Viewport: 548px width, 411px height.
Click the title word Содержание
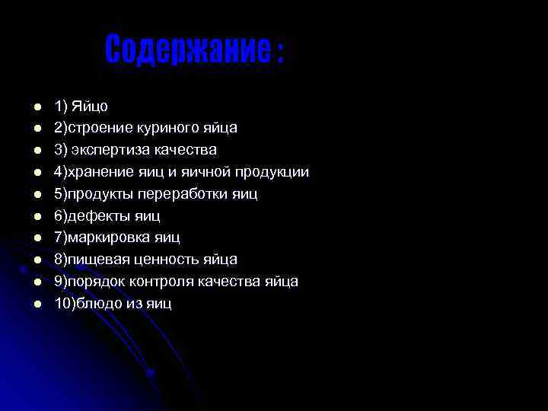click(x=186, y=50)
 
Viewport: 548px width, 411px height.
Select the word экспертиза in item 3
click(x=112, y=149)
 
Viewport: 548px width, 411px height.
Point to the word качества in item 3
click(x=187, y=149)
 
